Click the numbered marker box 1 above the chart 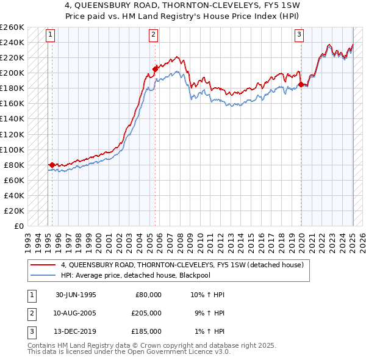(49, 35)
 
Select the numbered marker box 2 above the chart (152, 35)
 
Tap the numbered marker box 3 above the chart (300, 35)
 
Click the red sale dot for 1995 (52, 165)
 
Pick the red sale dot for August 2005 (156, 69)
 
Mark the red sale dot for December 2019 (301, 84)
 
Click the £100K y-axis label (12, 149)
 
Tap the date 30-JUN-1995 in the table (76, 294)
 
